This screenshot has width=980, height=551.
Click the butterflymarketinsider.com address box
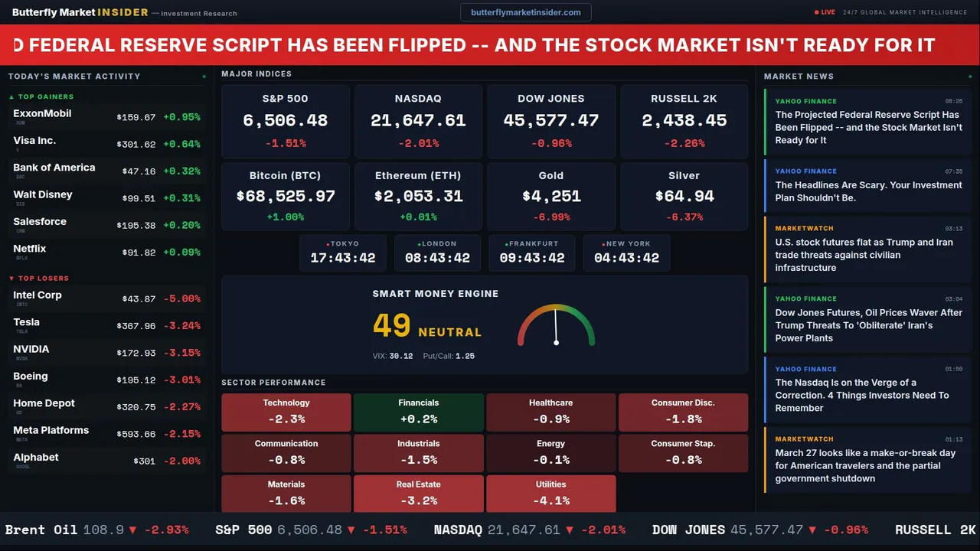[525, 12]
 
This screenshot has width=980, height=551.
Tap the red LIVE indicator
[826, 12]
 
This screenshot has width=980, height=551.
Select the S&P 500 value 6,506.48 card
[285, 120]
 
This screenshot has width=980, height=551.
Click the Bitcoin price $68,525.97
[286, 197]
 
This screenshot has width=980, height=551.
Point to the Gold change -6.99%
[550, 217]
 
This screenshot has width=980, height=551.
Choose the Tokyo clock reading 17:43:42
[343, 258]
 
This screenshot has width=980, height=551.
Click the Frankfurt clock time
[532, 258]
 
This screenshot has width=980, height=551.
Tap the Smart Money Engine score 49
[392, 326]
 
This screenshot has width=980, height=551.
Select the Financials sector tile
[418, 412]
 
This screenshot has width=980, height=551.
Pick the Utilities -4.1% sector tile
[550, 494]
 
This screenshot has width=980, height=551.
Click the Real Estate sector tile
[418, 494]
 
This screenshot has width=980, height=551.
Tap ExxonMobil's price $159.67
[136, 118]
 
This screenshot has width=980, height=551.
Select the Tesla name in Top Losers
[27, 322]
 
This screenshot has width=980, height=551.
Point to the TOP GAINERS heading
[46, 97]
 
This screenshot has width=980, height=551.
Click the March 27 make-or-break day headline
[864, 465]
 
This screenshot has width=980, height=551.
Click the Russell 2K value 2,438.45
[684, 120]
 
